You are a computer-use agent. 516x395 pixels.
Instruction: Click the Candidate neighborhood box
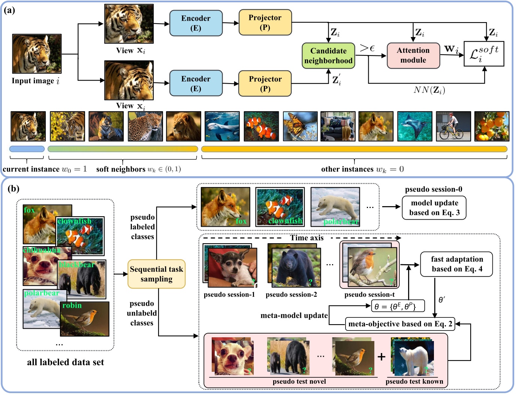tap(328, 56)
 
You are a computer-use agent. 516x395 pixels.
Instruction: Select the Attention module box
tap(413, 55)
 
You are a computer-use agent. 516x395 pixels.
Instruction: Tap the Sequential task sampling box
tap(157, 274)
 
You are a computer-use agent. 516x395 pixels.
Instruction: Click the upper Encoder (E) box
tap(196, 23)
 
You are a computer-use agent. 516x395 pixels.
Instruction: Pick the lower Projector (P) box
tap(265, 84)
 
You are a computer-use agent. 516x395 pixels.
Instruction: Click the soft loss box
tap(484, 54)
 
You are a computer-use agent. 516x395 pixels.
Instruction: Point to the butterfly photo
tap(300, 126)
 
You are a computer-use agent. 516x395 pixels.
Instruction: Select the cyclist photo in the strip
tap(453, 126)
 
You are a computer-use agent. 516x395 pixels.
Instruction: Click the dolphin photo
tap(222, 126)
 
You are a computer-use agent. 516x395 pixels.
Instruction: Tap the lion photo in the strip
tap(183, 126)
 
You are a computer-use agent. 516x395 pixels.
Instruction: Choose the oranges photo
tap(492, 126)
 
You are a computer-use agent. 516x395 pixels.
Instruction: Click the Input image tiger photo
tap(37, 54)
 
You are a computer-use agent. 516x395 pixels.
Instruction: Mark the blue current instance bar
tap(27, 149)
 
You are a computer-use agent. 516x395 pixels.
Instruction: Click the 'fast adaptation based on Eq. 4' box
tap(456, 264)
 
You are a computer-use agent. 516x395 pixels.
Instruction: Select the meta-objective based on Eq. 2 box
tap(400, 324)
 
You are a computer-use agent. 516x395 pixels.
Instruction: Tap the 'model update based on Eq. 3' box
tap(434, 208)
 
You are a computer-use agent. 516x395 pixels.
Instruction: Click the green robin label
tap(72, 305)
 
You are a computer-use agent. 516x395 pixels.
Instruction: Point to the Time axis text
tap(307, 238)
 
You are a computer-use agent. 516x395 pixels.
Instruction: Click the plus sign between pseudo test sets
tap(381, 356)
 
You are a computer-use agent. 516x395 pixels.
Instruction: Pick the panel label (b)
tap(13, 189)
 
